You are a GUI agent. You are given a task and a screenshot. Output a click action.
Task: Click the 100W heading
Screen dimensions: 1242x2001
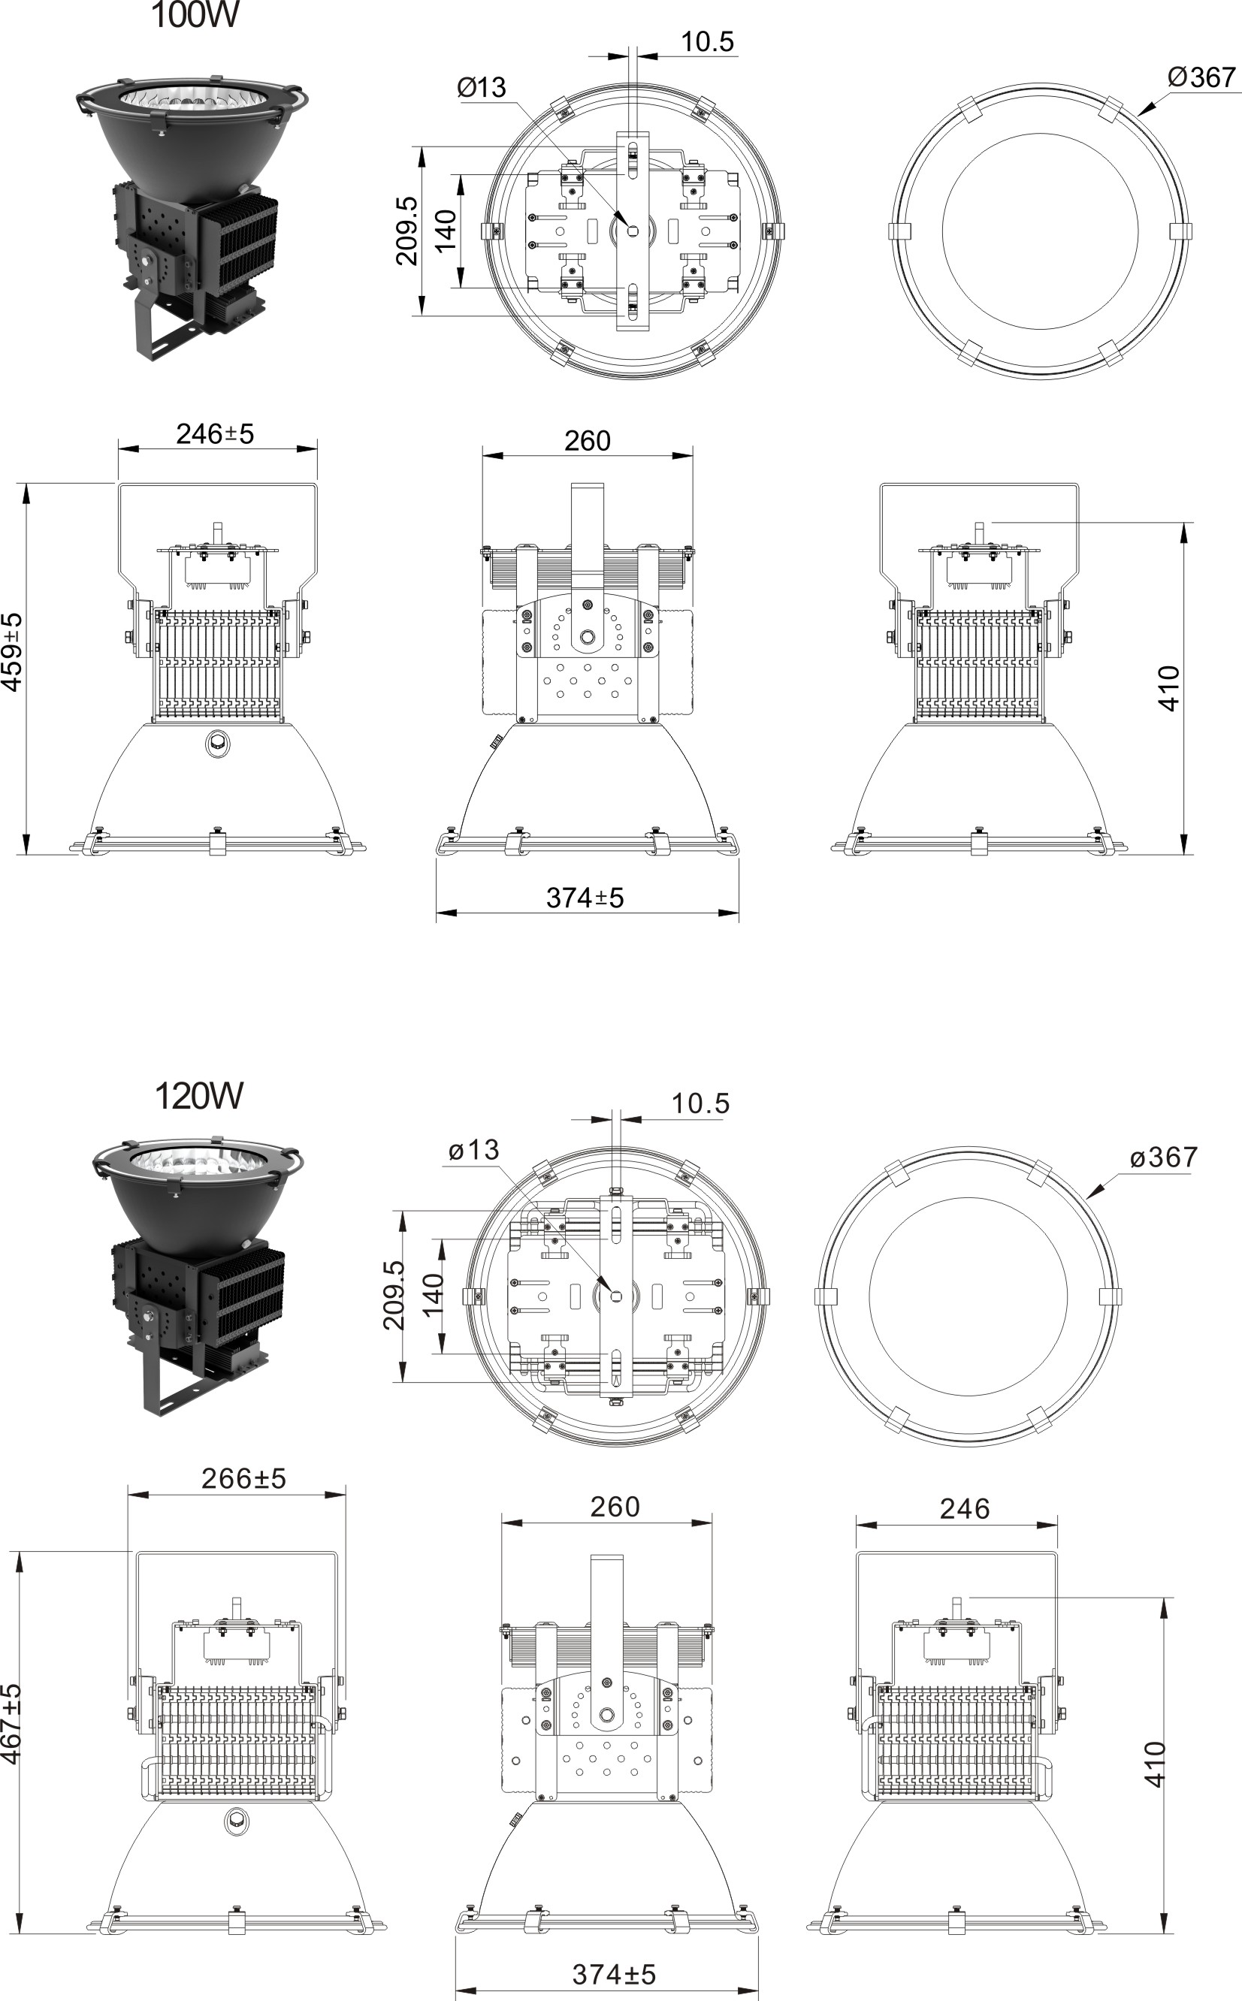click(x=195, y=15)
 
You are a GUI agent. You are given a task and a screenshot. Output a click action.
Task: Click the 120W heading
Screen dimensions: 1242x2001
click(x=199, y=1096)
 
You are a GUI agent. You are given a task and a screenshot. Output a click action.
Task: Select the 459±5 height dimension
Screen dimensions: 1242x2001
click(x=12, y=652)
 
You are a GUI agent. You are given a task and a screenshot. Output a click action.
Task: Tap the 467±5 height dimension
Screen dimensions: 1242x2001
click(x=11, y=1722)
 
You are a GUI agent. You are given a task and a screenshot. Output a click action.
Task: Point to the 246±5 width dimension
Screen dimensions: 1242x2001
click(x=215, y=433)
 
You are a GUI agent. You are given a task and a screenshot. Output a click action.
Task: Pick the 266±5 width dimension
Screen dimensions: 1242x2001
click(x=244, y=1478)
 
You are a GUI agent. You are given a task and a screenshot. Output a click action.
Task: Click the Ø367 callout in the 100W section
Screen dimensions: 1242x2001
click(x=1201, y=77)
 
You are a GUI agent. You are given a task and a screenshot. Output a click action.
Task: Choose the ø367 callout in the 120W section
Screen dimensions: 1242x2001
click(x=1164, y=1157)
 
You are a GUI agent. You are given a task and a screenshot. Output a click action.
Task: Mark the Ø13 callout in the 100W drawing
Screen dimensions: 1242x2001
click(x=482, y=87)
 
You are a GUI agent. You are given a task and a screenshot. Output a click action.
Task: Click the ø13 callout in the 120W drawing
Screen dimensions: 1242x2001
click(x=474, y=1150)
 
